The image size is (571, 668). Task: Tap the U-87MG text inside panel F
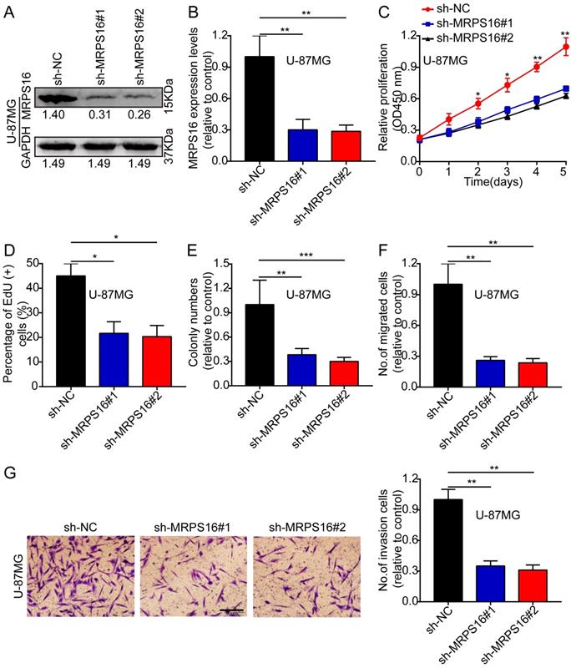[500, 293]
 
